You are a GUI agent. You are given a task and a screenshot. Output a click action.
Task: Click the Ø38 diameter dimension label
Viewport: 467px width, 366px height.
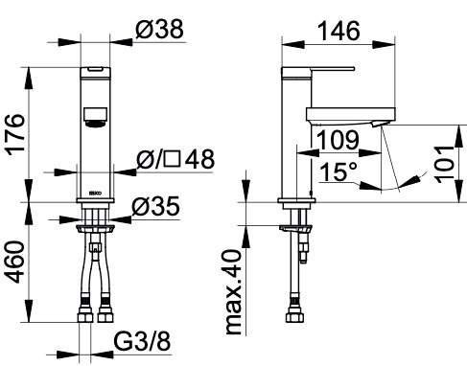tap(159, 29)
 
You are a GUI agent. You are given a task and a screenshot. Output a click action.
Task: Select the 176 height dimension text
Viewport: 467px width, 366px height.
tap(16, 135)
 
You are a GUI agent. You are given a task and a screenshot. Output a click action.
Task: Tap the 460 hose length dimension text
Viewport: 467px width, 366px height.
tap(16, 262)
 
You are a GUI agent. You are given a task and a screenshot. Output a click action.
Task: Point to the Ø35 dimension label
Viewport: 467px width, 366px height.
tap(155, 206)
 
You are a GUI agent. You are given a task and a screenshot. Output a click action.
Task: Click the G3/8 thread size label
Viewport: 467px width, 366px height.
tap(142, 341)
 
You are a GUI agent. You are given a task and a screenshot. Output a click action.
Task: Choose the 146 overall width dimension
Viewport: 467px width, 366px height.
tap(339, 31)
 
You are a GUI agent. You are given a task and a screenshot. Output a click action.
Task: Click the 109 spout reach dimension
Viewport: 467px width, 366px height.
tap(338, 140)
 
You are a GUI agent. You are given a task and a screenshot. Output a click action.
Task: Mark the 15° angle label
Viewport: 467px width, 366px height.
tap(339, 172)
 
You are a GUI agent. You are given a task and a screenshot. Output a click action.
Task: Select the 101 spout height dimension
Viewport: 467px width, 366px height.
tap(444, 164)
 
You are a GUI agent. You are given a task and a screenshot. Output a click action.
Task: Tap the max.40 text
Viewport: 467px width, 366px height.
tap(233, 292)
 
